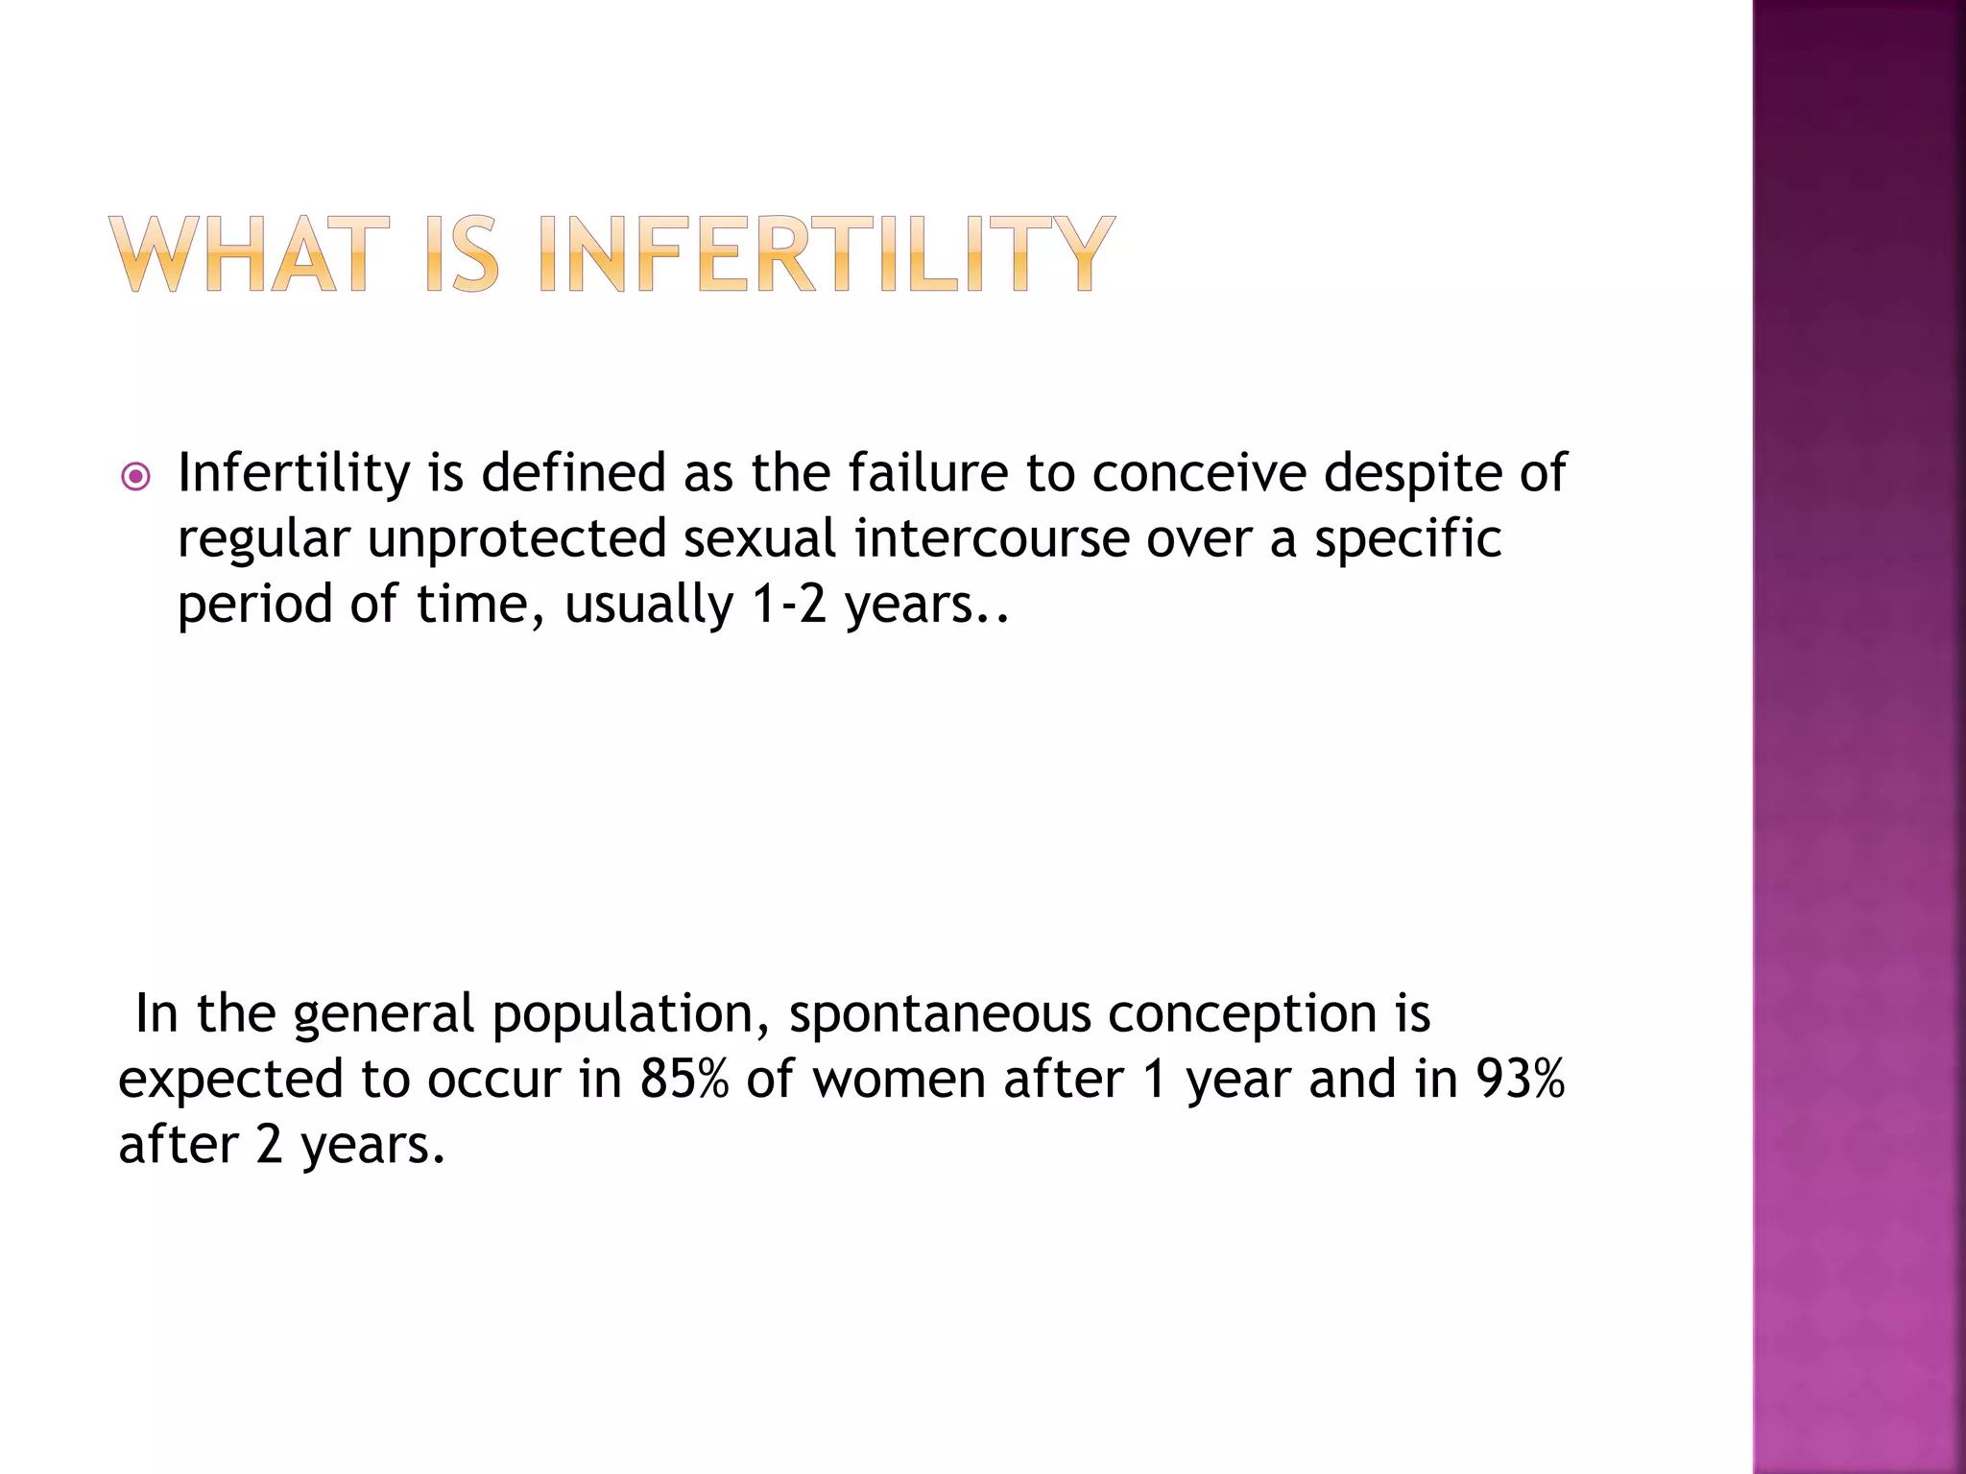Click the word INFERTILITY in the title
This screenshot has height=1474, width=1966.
click(827, 253)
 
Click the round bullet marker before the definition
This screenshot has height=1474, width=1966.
click(136, 477)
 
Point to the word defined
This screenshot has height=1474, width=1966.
click(573, 473)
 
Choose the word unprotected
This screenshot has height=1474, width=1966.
click(516, 539)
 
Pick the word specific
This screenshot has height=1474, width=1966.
click(1407, 539)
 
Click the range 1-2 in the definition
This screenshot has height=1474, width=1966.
click(789, 605)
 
